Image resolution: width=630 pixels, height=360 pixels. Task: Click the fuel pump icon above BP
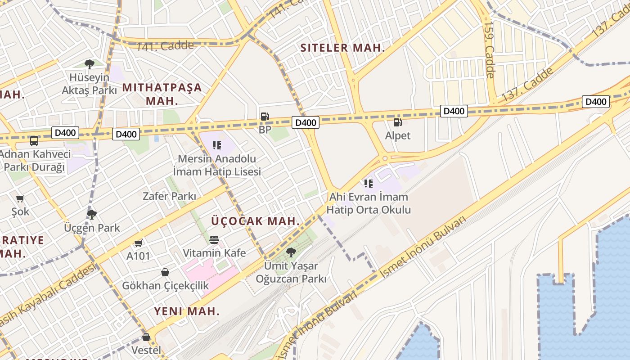point(265,117)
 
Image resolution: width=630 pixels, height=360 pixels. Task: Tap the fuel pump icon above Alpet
point(397,122)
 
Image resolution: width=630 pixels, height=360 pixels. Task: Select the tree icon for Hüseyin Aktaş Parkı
point(90,64)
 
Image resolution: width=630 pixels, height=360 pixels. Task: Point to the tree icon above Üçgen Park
point(92,214)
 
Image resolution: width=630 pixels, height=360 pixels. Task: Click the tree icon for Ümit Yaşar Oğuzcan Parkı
point(291,252)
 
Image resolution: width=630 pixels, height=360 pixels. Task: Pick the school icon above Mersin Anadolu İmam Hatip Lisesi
point(217,145)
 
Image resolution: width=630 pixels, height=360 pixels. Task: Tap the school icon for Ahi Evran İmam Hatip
point(369,183)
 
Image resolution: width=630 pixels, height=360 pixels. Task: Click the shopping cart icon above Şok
point(20,198)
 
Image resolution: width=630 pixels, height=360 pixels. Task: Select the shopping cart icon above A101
point(139,243)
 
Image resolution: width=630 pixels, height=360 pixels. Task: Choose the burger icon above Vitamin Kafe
point(214,239)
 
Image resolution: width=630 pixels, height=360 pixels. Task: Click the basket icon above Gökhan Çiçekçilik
point(165,272)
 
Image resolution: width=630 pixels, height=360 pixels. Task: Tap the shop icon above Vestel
point(146,337)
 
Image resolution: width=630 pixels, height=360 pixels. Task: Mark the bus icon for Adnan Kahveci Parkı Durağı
point(34,141)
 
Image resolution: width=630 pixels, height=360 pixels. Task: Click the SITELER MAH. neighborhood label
point(342,48)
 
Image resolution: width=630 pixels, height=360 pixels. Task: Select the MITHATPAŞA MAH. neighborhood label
point(162,94)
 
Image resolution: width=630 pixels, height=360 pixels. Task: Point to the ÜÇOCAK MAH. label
point(255,221)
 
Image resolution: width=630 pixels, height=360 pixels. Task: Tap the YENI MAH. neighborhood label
point(187,311)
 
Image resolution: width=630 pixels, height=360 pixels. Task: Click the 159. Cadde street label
point(489,49)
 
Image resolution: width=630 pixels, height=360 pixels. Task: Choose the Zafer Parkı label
point(169,196)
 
